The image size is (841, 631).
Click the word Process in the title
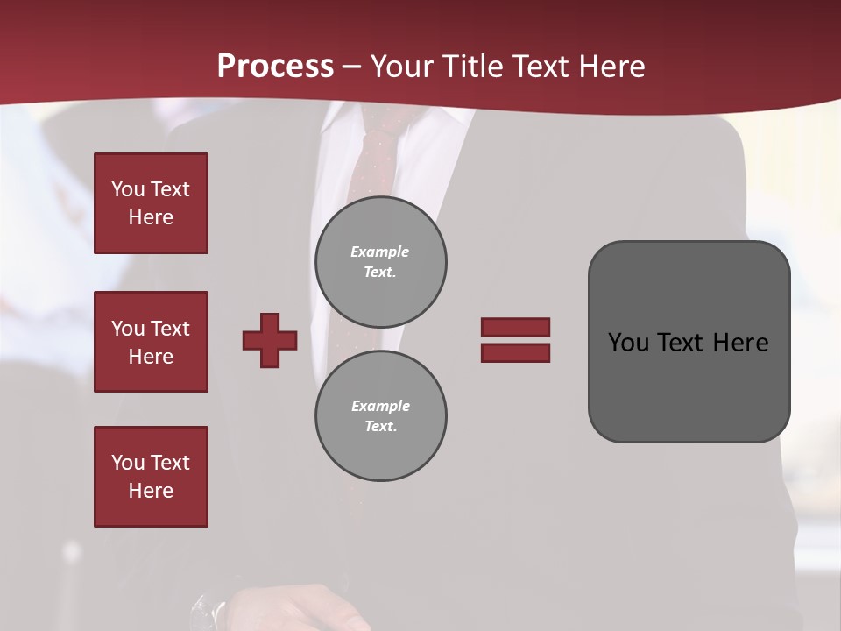[275, 67]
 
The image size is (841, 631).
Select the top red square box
[151, 203]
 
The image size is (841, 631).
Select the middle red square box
[151, 342]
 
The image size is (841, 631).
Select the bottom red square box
[151, 477]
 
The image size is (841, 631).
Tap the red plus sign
[270, 340]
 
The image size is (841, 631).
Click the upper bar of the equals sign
[515, 327]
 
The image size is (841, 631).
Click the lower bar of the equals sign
[515, 353]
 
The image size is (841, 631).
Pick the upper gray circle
[381, 262]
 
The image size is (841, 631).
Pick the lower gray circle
[381, 416]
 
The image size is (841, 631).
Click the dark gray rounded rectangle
[689, 342]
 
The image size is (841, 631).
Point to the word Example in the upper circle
[379, 252]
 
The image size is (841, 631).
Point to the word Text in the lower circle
[379, 427]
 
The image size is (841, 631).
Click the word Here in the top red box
[151, 217]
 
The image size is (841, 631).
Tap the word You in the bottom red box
[127, 463]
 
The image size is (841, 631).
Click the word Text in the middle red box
[169, 329]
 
